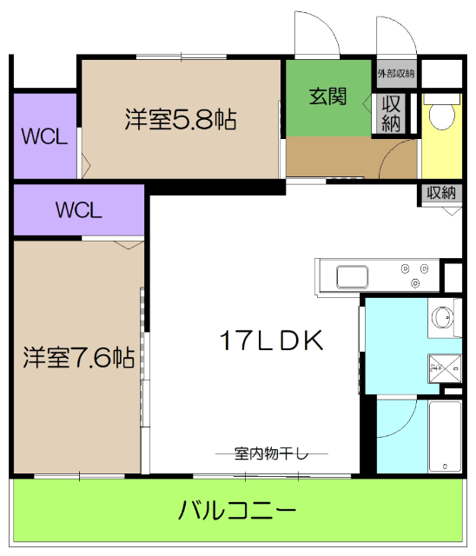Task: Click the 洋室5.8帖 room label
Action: (181, 119)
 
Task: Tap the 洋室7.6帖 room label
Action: (78, 357)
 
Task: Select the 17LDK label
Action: (272, 341)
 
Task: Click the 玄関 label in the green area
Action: (328, 97)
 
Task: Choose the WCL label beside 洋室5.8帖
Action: (45, 137)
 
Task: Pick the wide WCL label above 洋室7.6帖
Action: (79, 210)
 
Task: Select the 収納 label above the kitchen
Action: (440, 193)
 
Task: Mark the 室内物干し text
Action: (271, 453)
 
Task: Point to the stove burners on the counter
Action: (416, 276)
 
